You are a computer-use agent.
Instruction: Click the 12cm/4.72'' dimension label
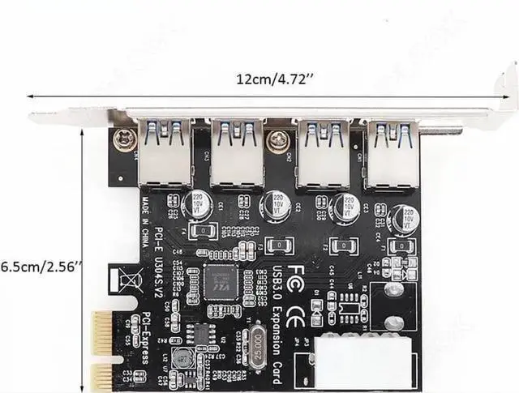pyautogui.click(x=271, y=79)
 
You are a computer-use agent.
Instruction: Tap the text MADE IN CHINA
pyautogui.click(x=151, y=206)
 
